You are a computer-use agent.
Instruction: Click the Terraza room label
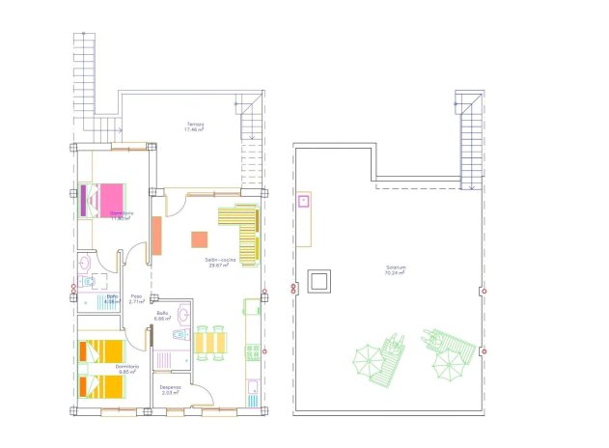click(x=196, y=125)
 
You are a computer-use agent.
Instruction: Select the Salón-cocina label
click(x=221, y=263)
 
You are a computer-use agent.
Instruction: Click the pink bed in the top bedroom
click(x=109, y=199)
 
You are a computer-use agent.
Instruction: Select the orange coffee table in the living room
click(x=199, y=240)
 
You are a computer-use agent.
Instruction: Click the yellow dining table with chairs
click(x=211, y=343)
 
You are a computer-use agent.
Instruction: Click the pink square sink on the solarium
click(x=304, y=202)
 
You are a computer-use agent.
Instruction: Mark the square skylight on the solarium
click(x=318, y=282)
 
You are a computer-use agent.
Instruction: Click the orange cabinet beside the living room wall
click(x=156, y=235)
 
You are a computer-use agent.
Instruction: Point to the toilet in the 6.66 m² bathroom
click(x=180, y=334)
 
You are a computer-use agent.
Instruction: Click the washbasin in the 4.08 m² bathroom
click(x=85, y=262)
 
